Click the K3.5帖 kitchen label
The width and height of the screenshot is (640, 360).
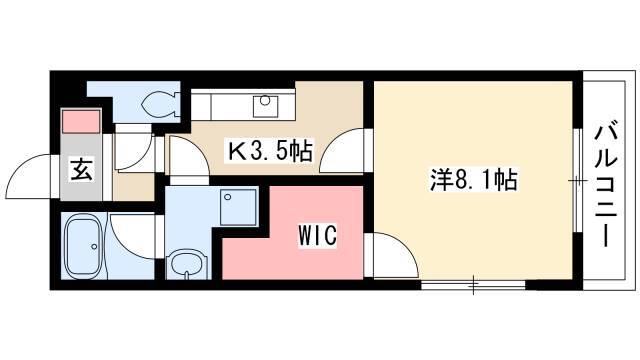pos(270,151)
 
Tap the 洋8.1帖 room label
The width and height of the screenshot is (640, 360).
pos(473,180)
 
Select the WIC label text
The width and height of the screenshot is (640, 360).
pos(318,235)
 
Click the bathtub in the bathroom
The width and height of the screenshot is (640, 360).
pos(84,247)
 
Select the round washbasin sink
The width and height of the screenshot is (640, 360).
pos(188,263)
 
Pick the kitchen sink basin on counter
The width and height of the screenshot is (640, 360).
pos(265,107)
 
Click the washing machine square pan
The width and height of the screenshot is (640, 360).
pos(238,207)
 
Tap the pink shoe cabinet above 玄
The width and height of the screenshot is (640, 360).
pos(81,121)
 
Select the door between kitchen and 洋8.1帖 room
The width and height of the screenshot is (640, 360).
pos(342,152)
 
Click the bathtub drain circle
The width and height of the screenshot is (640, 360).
pos(94,247)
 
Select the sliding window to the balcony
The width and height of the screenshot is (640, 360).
pos(577,180)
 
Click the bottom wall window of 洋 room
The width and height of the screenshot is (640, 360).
pos(473,285)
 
